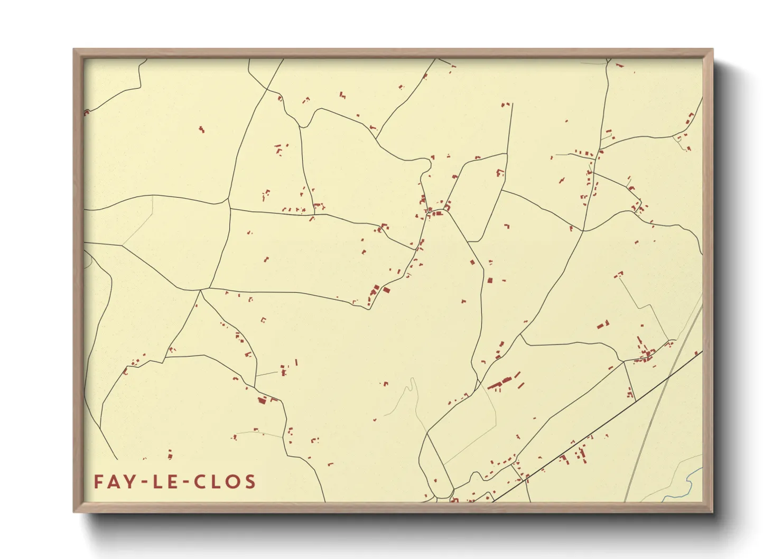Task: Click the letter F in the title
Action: click(99, 482)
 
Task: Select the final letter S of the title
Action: click(249, 482)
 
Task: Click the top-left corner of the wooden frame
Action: click(75, 50)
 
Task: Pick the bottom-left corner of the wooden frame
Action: click(75, 511)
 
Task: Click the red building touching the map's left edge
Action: click(86, 112)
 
